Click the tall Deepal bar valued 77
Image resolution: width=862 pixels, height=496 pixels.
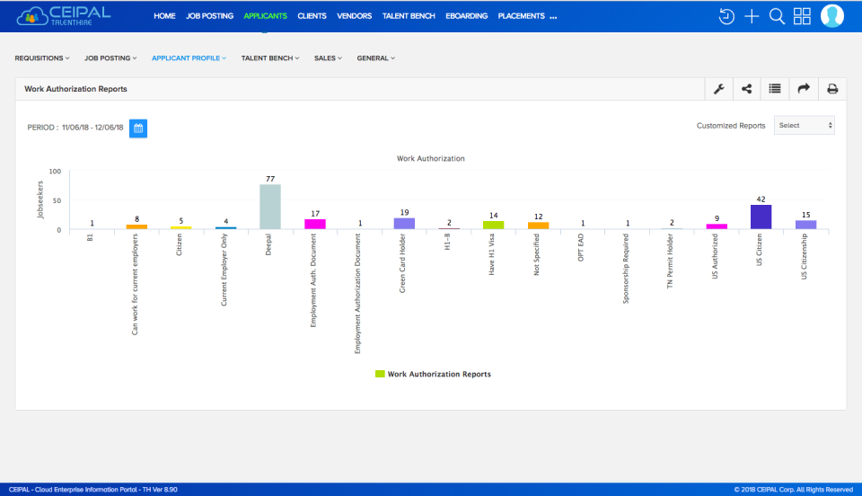[x=270, y=207]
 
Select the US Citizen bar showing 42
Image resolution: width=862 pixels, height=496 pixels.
[x=761, y=217]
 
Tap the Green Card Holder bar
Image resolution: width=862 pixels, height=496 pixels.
[x=404, y=223]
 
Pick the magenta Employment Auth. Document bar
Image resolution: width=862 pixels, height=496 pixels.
[x=315, y=224]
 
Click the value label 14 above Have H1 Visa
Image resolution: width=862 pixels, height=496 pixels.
[x=493, y=216]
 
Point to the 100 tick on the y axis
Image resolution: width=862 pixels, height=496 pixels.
[x=55, y=172]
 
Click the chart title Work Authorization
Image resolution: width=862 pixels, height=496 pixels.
[x=431, y=158]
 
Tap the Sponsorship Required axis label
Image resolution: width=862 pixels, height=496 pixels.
[x=626, y=269]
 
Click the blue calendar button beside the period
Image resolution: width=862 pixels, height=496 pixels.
[x=138, y=128]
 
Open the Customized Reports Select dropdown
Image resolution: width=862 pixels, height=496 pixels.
[x=804, y=126]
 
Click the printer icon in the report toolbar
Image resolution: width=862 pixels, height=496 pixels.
[x=832, y=89]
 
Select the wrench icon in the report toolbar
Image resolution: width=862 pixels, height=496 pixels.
[x=719, y=89]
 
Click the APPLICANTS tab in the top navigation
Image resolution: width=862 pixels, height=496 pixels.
[x=265, y=16]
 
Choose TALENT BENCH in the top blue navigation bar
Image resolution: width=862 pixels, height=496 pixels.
[x=409, y=16]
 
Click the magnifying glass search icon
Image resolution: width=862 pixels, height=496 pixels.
[x=778, y=16]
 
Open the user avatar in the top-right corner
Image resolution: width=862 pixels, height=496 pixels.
[x=832, y=16]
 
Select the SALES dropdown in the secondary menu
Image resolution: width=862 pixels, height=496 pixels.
[x=327, y=58]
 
